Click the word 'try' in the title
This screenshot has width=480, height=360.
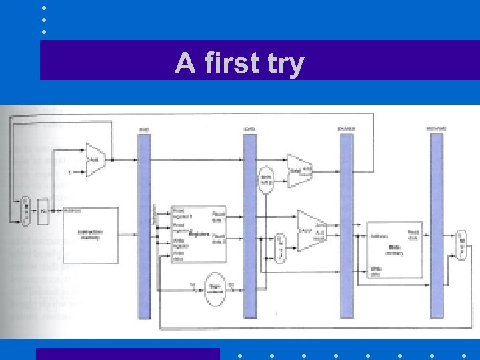point(282,65)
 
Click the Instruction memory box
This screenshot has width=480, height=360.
point(91,235)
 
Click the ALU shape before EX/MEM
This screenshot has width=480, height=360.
point(310,231)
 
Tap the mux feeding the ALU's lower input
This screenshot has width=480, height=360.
point(280,247)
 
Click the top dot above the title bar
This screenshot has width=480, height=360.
point(43,7)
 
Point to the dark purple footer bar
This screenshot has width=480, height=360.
point(127,353)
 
